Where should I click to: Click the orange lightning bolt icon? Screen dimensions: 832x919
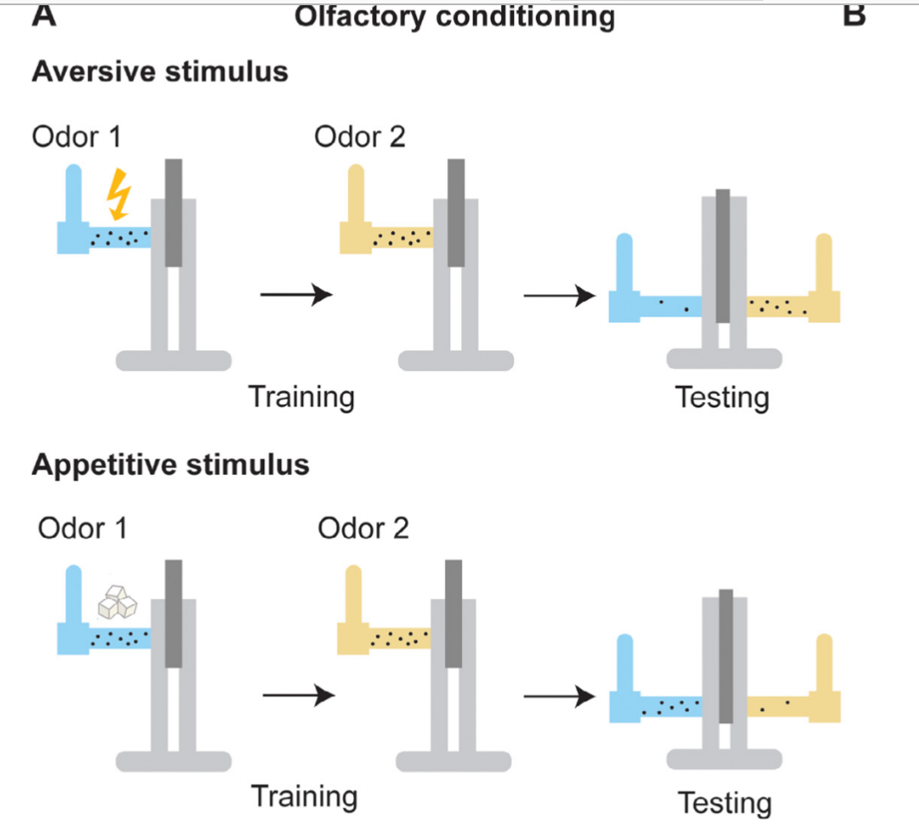tap(117, 194)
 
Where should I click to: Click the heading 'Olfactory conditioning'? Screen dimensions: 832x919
tap(454, 16)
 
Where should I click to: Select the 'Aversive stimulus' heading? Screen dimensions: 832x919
tap(160, 71)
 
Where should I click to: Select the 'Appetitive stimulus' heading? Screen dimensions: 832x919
tap(170, 464)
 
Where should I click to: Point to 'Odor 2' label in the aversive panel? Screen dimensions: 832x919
tap(360, 137)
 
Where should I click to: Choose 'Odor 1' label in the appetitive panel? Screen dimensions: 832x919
tap(82, 528)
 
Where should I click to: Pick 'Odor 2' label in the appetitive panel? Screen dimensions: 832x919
tap(363, 528)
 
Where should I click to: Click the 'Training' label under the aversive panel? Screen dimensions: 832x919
tap(301, 397)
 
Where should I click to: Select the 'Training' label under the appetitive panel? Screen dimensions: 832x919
tap(304, 796)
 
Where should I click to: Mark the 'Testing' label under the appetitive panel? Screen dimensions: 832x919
tap(724, 803)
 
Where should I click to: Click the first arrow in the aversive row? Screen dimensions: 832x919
tap(296, 295)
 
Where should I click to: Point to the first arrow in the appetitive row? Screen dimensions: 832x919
tap(298, 694)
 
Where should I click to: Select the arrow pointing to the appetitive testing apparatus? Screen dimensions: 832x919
tap(562, 695)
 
